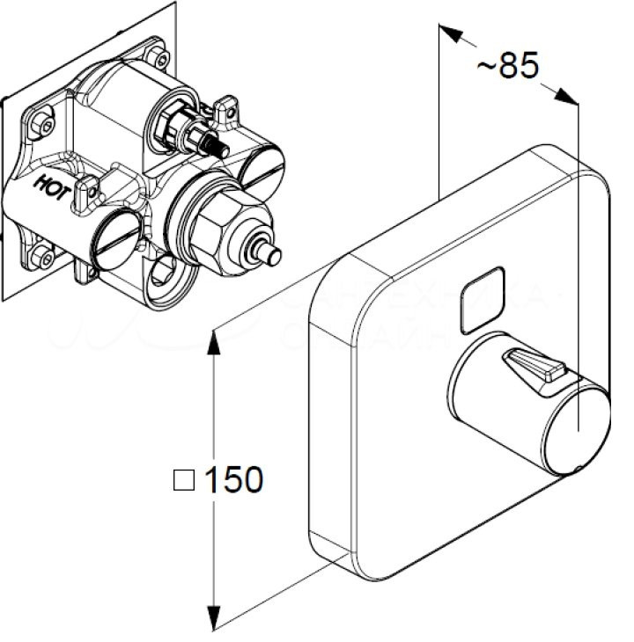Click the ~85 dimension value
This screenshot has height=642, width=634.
click(x=506, y=66)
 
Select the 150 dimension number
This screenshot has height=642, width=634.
click(x=233, y=480)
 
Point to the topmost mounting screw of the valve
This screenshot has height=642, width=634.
click(x=158, y=59)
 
